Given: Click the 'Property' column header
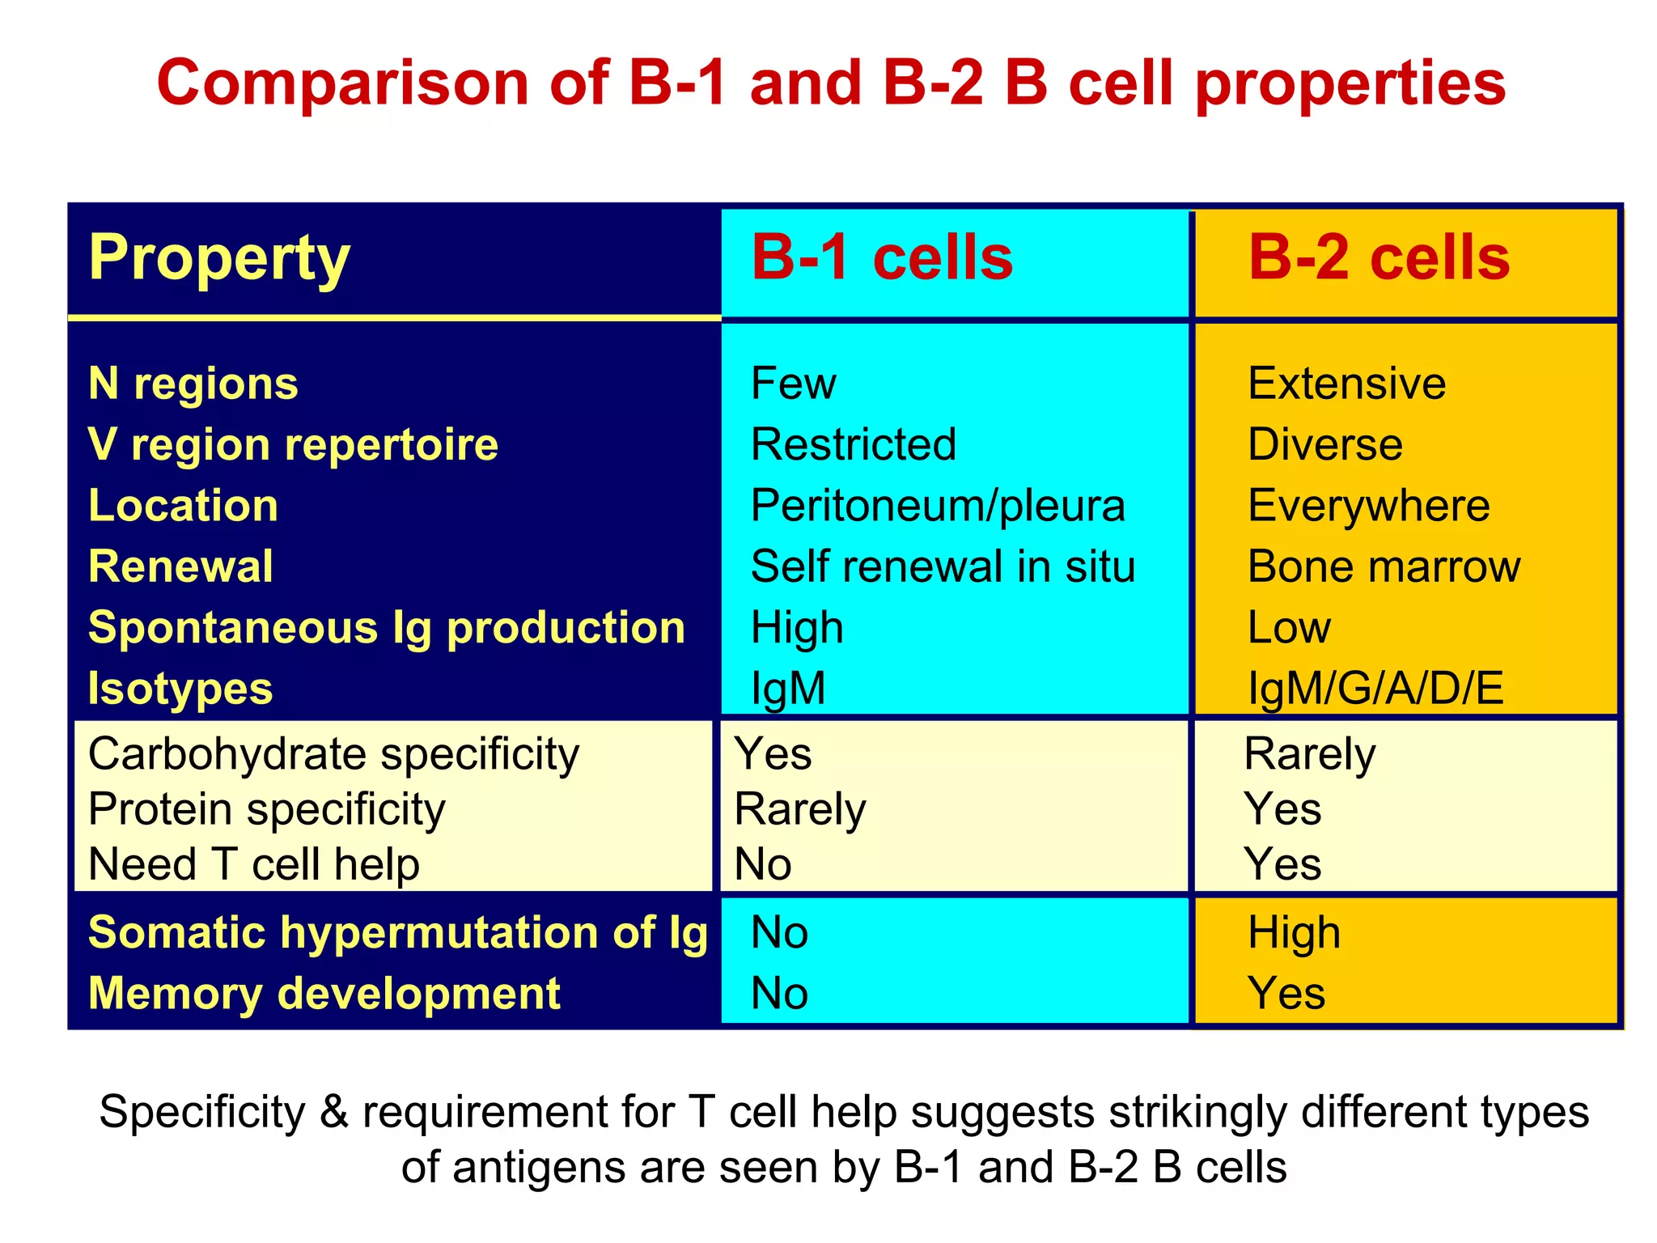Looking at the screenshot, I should point(219,258).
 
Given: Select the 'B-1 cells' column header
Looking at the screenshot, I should point(882,258).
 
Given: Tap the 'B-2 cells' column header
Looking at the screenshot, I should point(1379,258).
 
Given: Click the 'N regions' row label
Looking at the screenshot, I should point(193,383).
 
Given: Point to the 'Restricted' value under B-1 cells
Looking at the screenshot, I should point(854,444).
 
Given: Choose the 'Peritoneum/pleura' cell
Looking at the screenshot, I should point(938,505).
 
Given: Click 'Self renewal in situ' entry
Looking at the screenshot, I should point(943,566).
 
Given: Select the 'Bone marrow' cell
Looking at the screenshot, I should point(1384,566).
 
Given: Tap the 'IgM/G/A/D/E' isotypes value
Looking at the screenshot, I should point(1375,688).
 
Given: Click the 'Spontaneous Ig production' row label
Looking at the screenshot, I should point(387,627).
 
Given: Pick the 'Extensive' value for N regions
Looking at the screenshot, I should point(1346,383).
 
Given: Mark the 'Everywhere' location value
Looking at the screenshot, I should point(1368,505).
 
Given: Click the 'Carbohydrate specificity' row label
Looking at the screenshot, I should point(333,753).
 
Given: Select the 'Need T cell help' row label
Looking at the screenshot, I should point(254,863).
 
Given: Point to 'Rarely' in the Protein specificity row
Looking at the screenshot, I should point(800,808).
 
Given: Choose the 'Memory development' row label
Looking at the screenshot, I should point(324,993).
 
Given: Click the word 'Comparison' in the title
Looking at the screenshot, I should point(342,83).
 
